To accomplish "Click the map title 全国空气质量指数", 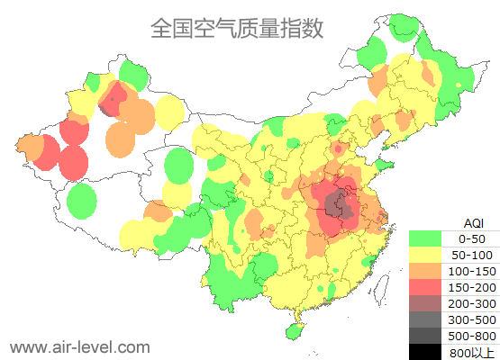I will tap(236, 28).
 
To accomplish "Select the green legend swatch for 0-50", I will tap(424, 238).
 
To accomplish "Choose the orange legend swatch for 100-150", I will tap(424, 271).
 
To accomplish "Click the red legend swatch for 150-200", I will tap(424, 287).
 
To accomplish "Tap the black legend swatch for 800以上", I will tap(424, 352).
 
